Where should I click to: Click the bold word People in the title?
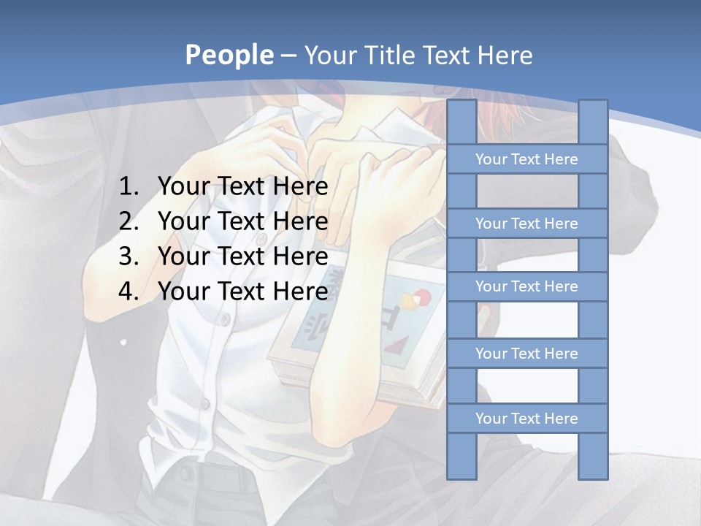click(x=229, y=56)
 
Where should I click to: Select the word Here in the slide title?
click(x=504, y=56)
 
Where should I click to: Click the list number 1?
click(x=128, y=187)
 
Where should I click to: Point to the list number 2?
click(x=128, y=221)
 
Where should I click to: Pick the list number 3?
click(x=128, y=256)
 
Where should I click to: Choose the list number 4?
click(x=128, y=291)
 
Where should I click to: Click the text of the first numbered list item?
click(x=242, y=187)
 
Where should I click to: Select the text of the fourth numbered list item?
click(x=242, y=291)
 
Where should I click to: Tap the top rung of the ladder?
click(x=526, y=159)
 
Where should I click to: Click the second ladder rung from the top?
click(x=526, y=224)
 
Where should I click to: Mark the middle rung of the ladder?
click(x=526, y=286)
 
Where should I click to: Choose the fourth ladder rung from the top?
click(x=526, y=354)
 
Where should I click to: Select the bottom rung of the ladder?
click(x=526, y=419)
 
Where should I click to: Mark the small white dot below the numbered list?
click(x=123, y=341)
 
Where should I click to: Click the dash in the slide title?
click(x=288, y=56)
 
